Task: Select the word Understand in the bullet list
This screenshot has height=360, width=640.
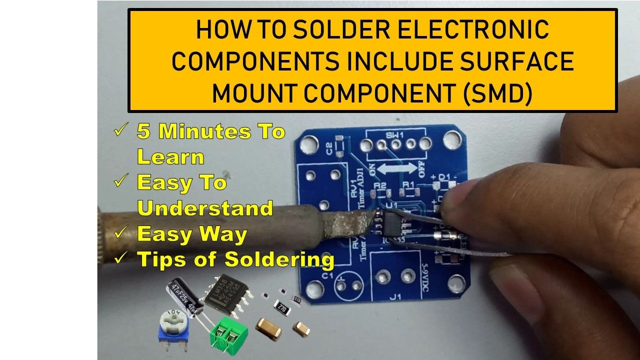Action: (205, 208)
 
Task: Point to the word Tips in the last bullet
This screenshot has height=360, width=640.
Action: (162, 259)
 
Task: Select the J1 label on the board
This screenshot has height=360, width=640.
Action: (395, 297)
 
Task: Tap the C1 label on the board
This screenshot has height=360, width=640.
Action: (327, 275)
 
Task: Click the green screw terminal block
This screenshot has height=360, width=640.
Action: (229, 333)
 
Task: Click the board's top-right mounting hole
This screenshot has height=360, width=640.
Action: (452, 138)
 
